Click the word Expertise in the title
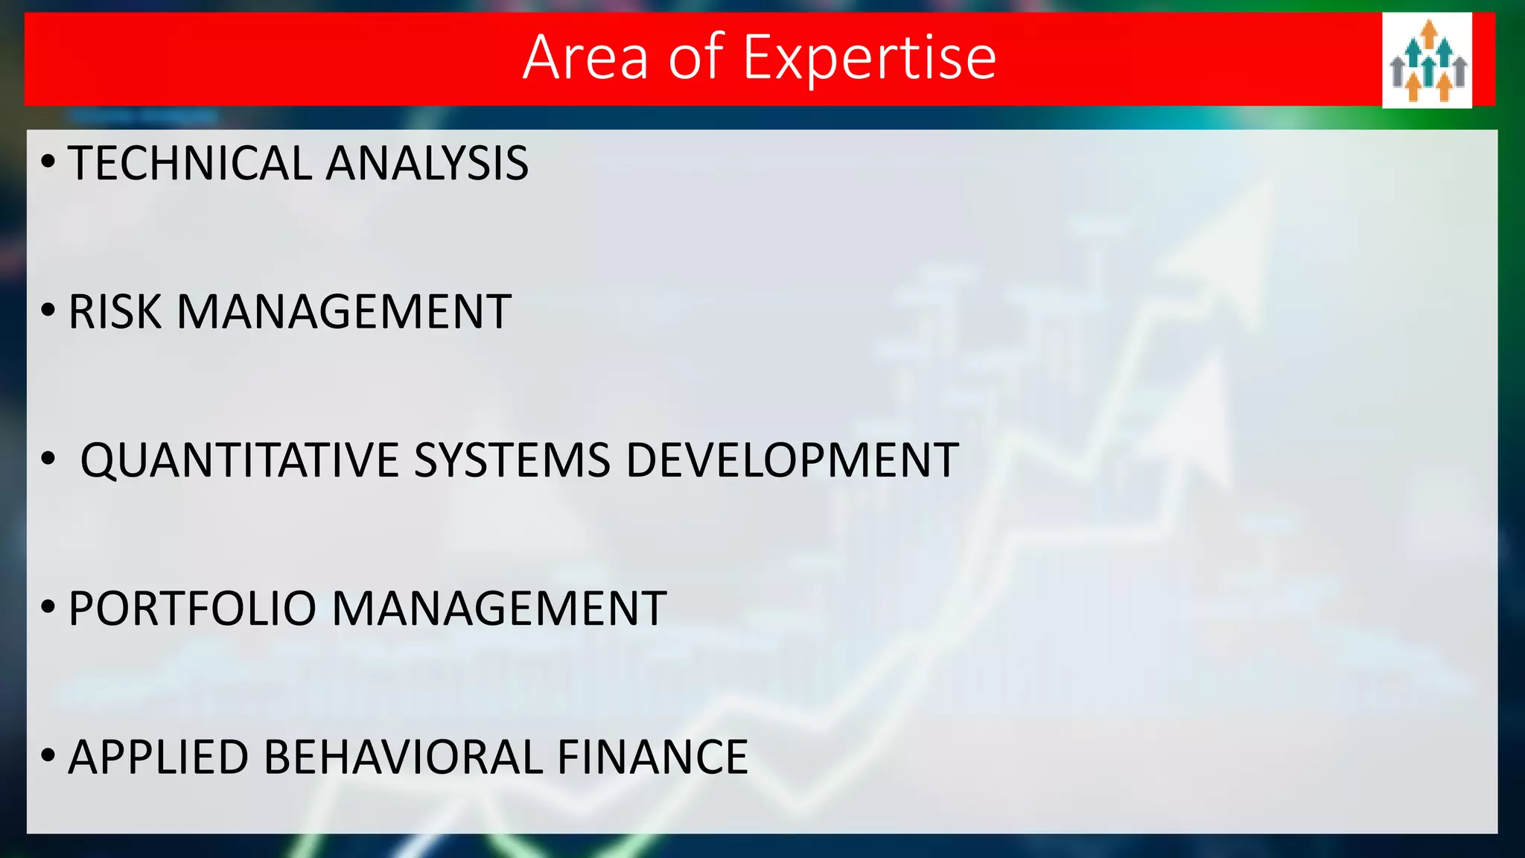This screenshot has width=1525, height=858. [x=870, y=58]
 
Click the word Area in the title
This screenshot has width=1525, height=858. [x=585, y=58]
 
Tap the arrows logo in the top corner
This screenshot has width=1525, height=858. [x=1427, y=60]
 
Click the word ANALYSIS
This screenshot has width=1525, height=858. [x=427, y=163]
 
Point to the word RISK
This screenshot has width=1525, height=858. [x=115, y=311]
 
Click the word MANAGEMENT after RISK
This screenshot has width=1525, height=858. [x=343, y=311]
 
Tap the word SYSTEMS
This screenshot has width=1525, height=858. [x=512, y=460]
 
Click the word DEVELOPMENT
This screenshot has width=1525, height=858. [x=792, y=460]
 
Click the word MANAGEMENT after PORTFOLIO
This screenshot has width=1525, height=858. [x=498, y=608]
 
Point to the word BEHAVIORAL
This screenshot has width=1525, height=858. [x=403, y=757]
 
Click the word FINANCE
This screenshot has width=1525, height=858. [x=652, y=757]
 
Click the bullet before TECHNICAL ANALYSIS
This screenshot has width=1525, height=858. [x=48, y=162]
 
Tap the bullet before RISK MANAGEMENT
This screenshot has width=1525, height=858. [x=48, y=310]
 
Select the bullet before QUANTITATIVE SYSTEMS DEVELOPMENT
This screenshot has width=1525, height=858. [x=48, y=459]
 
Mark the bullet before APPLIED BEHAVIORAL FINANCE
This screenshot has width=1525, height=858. [x=48, y=756]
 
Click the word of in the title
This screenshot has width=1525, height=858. [x=695, y=58]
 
